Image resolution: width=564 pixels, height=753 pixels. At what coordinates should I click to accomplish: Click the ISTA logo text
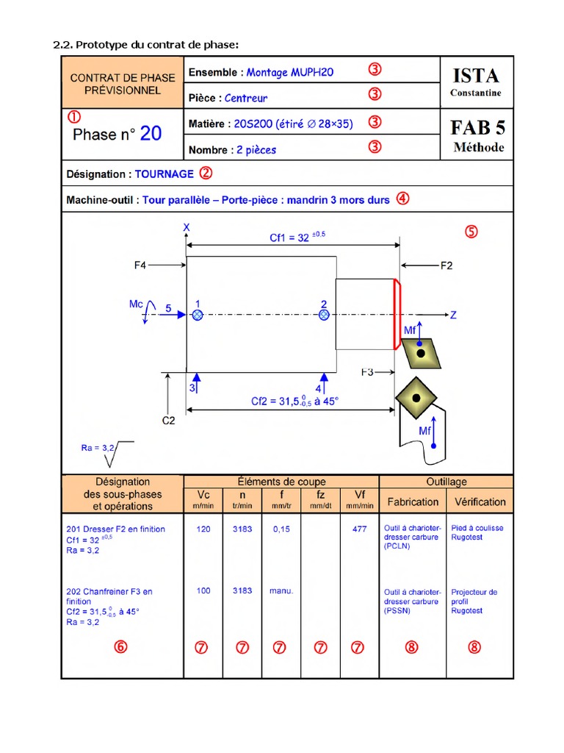click(x=476, y=75)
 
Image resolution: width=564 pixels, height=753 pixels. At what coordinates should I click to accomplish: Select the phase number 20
click(x=151, y=133)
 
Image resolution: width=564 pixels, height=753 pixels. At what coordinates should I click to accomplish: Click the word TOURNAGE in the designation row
click(x=164, y=174)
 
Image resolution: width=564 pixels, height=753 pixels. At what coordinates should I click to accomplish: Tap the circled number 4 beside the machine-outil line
click(x=402, y=198)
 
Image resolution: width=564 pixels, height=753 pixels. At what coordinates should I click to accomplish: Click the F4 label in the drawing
click(x=140, y=264)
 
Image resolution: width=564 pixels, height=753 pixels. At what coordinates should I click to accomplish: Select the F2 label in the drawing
click(x=446, y=265)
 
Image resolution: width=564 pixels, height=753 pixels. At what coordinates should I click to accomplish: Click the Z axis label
click(x=453, y=315)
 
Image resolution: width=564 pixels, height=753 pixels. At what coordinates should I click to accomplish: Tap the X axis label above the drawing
click(x=187, y=229)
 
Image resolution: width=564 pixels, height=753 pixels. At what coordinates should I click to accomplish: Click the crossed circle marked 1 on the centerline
click(x=197, y=315)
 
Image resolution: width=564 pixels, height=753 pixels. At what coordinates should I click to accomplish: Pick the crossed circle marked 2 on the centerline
click(x=324, y=315)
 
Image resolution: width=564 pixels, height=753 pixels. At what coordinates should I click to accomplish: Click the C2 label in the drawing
click(x=168, y=421)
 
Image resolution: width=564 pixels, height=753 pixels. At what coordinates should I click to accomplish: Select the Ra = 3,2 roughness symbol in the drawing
click(x=107, y=452)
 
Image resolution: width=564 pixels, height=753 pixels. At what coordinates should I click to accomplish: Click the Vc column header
click(x=202, y=495)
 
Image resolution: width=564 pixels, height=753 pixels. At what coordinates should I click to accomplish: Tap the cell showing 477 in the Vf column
click(x=359, y=529)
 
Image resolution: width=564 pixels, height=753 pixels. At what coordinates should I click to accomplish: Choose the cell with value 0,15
click(x=281, y=529)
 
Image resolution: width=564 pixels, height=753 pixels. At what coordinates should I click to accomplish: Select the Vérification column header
click(x=480, y=502)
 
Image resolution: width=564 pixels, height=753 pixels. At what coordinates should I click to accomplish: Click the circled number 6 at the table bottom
click(x=121, y=647)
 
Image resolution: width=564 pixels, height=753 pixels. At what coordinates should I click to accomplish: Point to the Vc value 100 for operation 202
click(x=203, y=590)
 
